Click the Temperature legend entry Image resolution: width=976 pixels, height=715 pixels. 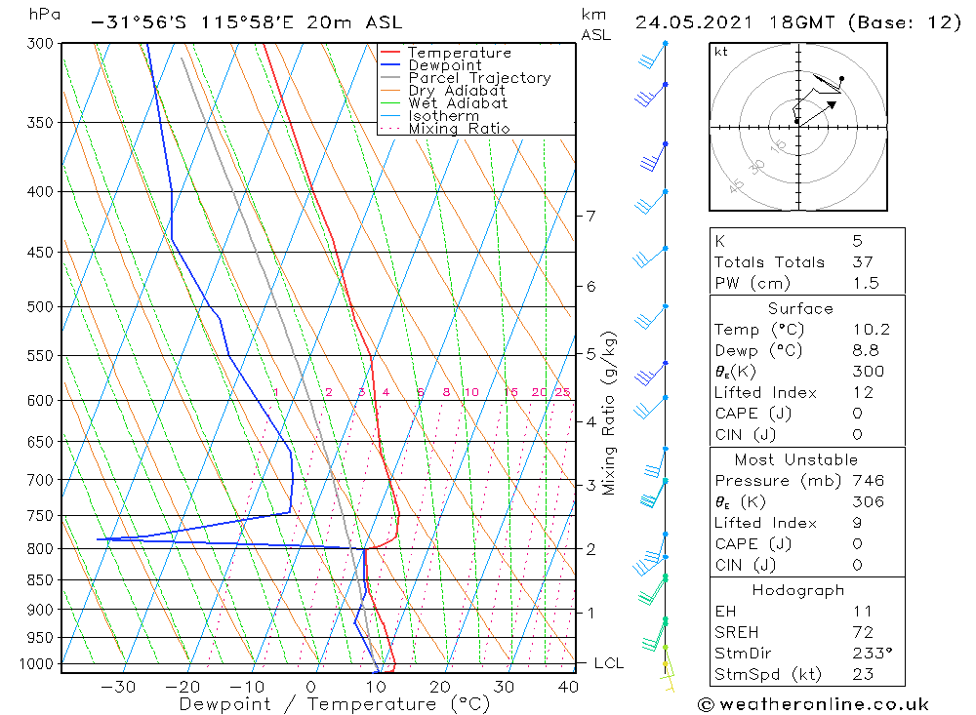459,53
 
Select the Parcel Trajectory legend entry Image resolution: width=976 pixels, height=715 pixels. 479,78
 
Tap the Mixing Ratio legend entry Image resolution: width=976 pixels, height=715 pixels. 459,129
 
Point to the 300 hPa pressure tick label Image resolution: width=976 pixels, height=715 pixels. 40,43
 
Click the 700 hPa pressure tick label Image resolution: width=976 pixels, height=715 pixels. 40,480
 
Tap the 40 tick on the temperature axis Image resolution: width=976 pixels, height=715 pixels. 567,687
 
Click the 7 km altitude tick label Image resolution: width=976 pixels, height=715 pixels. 590,216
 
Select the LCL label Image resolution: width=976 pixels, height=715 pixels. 608,663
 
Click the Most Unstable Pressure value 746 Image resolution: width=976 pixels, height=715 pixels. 867,481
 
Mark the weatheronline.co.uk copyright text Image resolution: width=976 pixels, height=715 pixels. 813,704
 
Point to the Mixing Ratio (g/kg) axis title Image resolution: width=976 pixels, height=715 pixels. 609,413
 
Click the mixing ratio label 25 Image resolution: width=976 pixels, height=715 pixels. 562,392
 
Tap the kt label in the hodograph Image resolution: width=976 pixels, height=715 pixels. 720,52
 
